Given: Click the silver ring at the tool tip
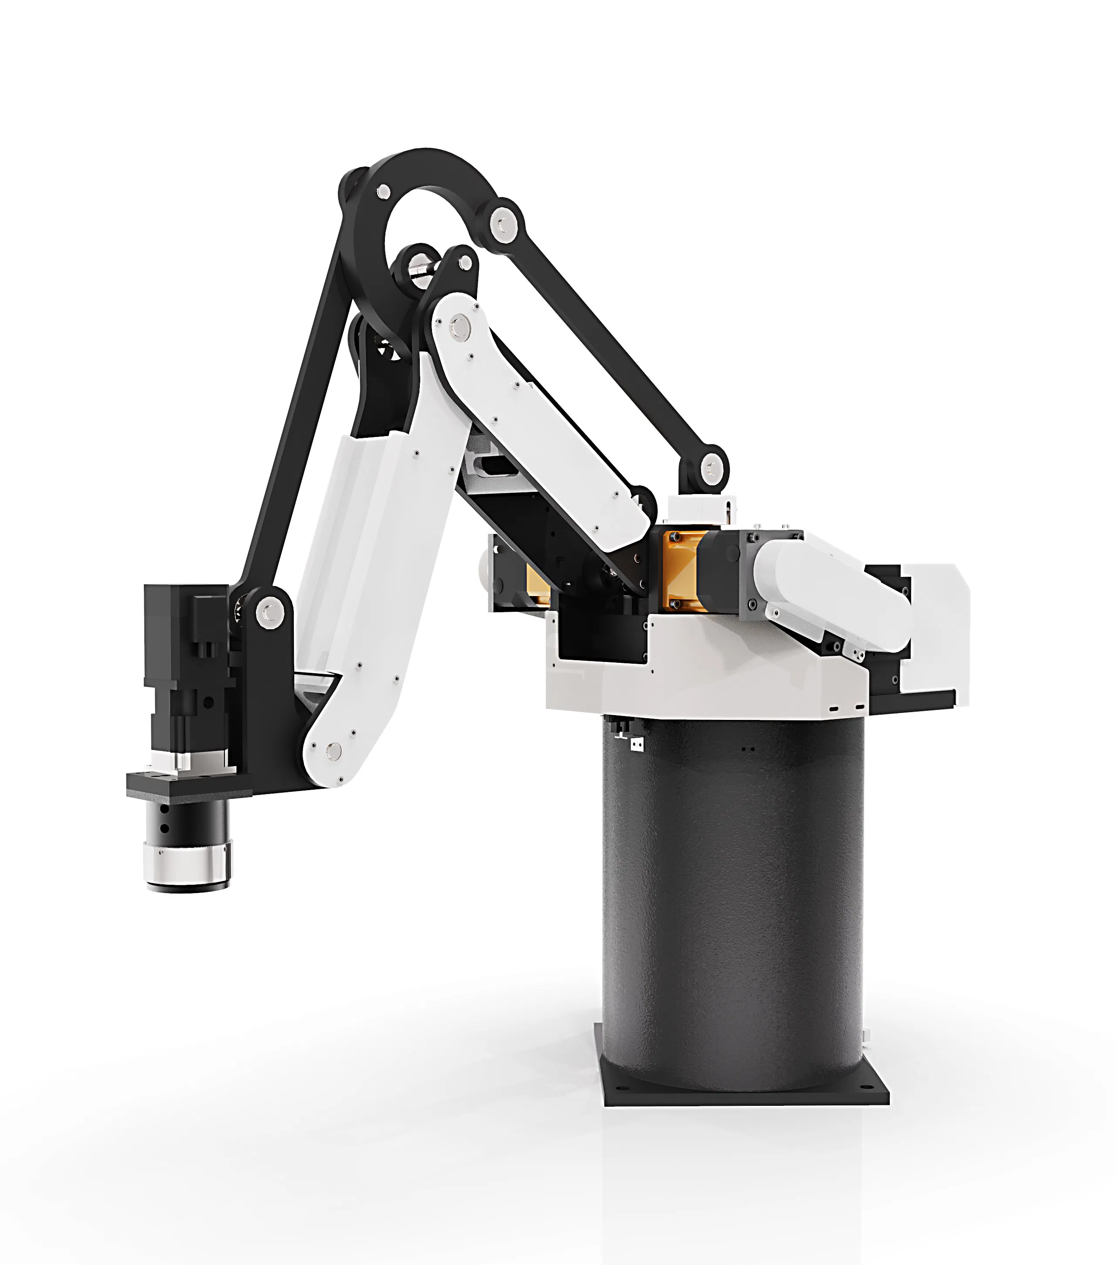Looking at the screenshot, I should coord(187,866).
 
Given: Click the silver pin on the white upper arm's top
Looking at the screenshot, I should coord(459,326).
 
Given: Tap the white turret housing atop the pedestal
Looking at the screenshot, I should coord(705,672).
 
